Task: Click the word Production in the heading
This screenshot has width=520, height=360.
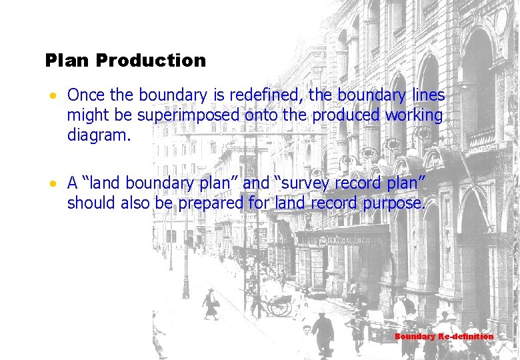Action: [151, 61]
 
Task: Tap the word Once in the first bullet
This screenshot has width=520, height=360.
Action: [87, 96]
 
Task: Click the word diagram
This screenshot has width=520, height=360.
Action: [99, 135]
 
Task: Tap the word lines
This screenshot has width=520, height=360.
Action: [427, 96]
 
